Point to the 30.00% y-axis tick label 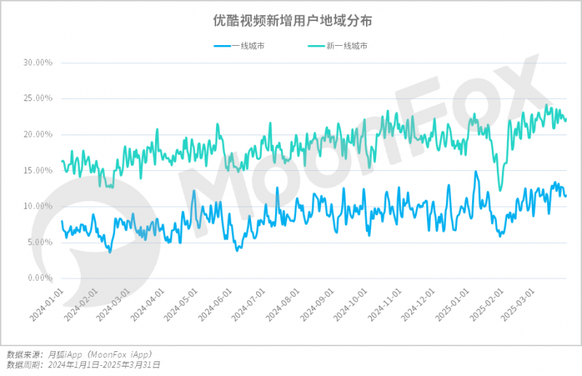39,63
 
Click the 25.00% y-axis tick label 39,98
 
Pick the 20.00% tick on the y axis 39,135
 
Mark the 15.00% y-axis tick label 39,170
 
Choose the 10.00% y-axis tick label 39,206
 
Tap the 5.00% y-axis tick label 40,242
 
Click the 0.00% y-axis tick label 40,278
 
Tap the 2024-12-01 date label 418,305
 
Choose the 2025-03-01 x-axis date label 518,305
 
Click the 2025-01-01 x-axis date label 452,305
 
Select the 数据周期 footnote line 83,365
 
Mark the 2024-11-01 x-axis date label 384,305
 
